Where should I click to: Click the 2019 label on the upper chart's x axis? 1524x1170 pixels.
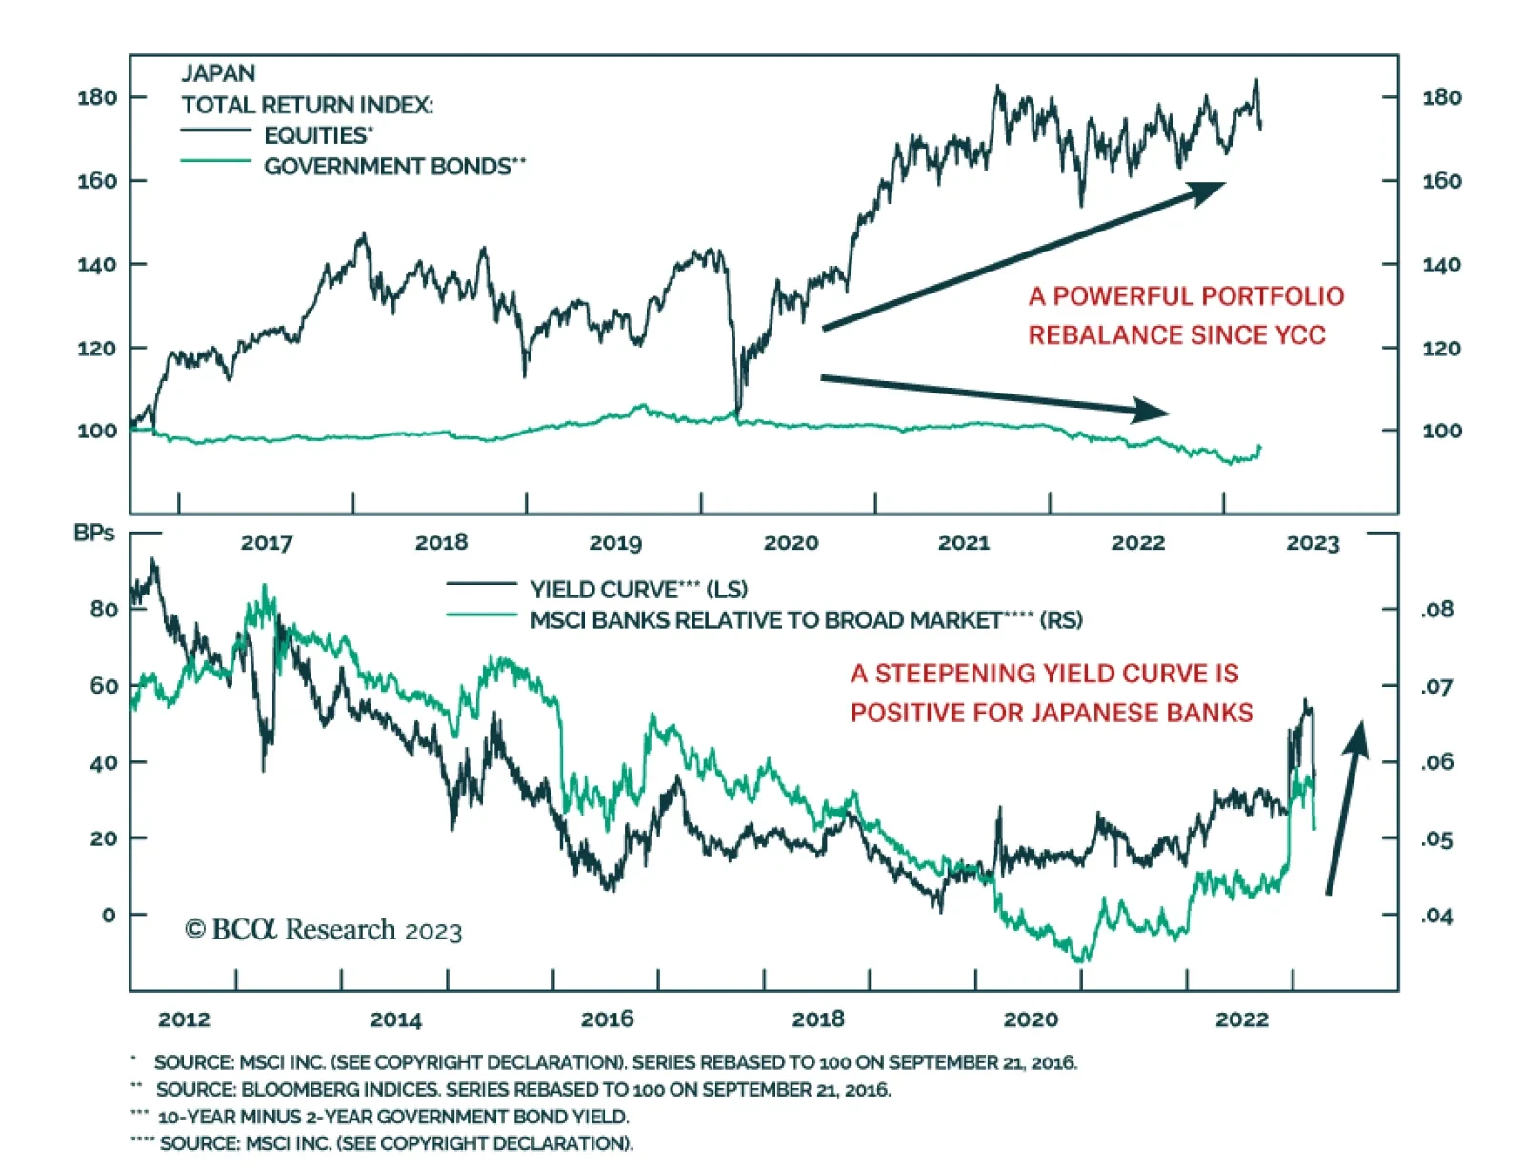click(615, 543)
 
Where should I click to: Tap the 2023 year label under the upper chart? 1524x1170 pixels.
click(1313, 543)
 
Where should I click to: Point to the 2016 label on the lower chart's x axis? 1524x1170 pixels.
click(608, 1019)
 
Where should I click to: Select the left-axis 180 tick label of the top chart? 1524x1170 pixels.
click(97, 97)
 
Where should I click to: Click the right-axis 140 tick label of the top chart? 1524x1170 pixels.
click(1441, 265)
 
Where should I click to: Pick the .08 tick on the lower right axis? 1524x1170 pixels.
click(1437, 610)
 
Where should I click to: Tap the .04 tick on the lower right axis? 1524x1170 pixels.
click(1437, 917)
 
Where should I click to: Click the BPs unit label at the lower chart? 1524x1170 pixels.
click(94, 534)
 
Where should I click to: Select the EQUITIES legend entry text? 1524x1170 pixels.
click(318, 135)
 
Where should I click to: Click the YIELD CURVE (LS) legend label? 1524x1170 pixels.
click(638, 590)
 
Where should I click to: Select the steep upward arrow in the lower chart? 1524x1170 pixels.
click(1345, 810)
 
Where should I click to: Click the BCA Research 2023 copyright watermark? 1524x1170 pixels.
click(324, 930)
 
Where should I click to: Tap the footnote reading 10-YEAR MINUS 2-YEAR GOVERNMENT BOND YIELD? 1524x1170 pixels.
click(392, 1117)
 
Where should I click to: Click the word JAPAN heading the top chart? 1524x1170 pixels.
click(218, 74)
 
